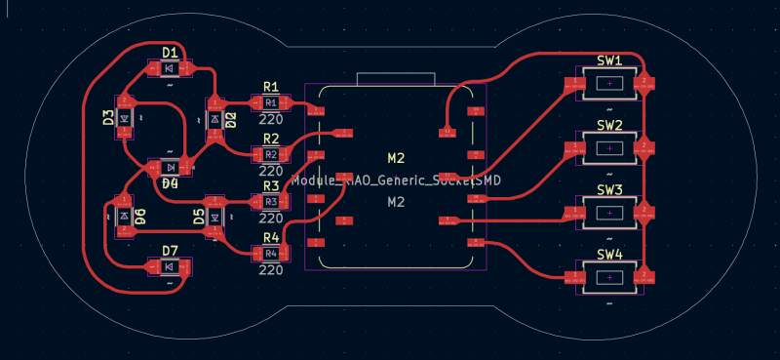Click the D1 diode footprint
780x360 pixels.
click(x=170, y=68)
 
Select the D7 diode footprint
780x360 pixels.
click(x=170, y=266)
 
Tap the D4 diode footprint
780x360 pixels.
click(x=170, y=167)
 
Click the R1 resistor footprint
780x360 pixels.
click(x=270, y=102)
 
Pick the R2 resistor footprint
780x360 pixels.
click(x=270, y=154)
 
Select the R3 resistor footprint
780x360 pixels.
click(x=270, y=202)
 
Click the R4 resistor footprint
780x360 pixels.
click(x=270, y=254)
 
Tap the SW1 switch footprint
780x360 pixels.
click(x=609, y=85)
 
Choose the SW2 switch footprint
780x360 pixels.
click(x=609, y=147)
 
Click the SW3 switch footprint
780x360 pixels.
click(x=609, y=212)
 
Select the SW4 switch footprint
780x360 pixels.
click(x=609, y=278)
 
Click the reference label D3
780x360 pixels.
click(x=108, y=118)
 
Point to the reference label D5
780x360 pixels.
click(x=199, y=216)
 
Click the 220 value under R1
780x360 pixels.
click(x=270, y=118)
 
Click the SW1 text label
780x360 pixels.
click(x=609, y=60)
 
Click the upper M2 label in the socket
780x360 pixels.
click(x=396, y=157)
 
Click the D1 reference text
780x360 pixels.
click(x=170, y=52)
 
